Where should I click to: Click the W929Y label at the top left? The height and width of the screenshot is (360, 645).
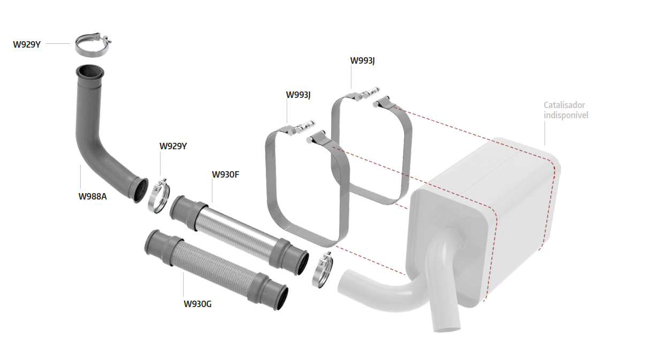27,44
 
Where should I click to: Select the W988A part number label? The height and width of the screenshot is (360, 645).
93,196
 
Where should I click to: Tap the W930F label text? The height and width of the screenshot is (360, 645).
225,175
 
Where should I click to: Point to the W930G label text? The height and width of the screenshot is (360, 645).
198,304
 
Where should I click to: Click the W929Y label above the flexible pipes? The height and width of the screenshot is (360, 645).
173,146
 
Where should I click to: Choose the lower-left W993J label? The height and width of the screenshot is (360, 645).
298,95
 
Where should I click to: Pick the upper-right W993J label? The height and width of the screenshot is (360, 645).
362,61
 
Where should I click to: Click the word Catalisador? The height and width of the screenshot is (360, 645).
564,105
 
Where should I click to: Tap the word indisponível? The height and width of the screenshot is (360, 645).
566,115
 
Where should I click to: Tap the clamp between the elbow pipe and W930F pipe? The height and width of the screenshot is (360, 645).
159,196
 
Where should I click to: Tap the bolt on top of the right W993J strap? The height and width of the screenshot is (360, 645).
369,93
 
